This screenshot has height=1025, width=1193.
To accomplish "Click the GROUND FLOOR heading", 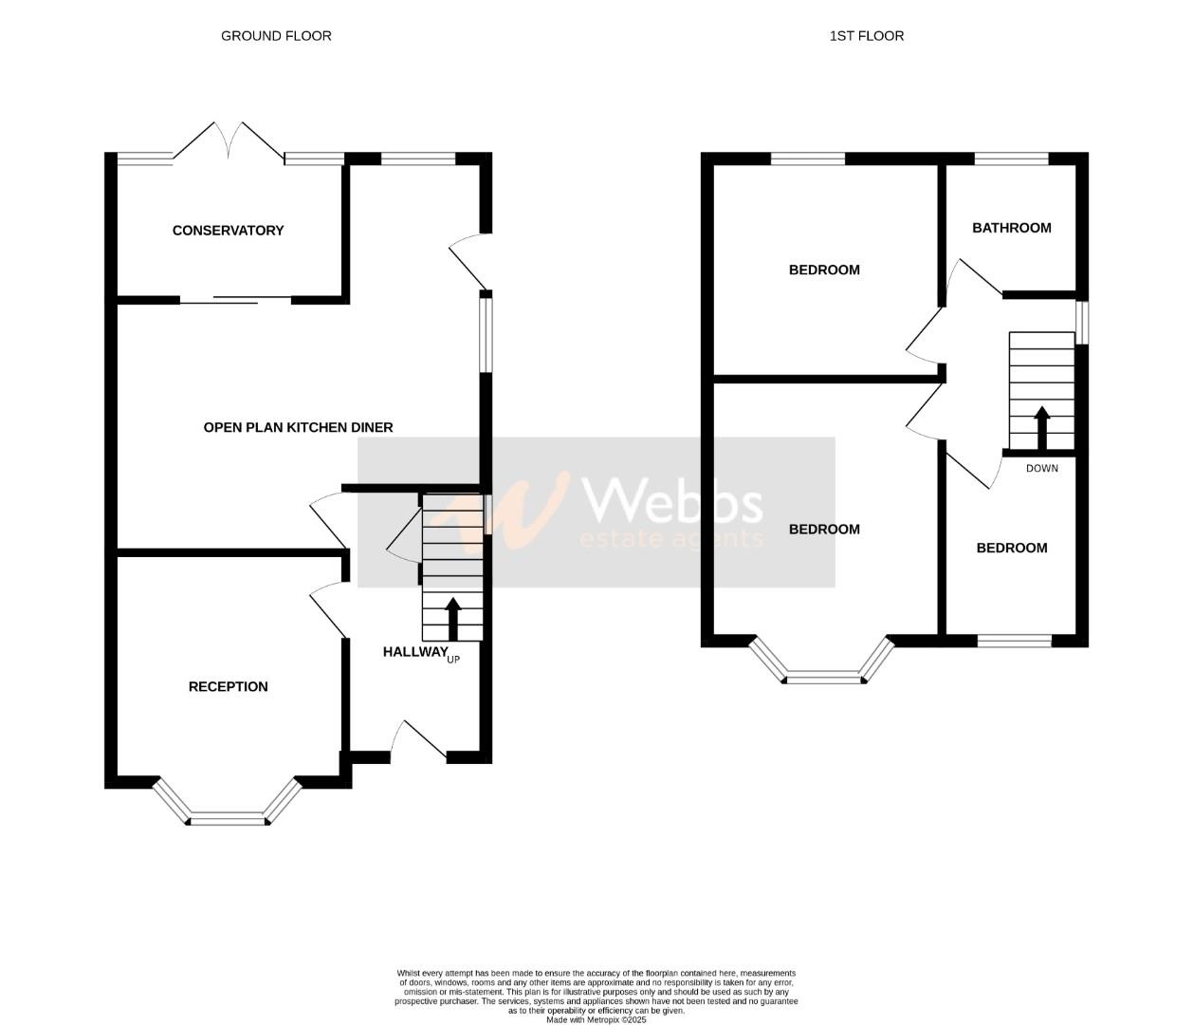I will (x=276, y=36).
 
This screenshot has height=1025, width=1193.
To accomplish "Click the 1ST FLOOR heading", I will (x=866, y=36).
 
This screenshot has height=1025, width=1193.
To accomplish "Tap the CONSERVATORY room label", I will (x=228, y=231).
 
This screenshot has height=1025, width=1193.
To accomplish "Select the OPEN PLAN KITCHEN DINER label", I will (x=298, y=427).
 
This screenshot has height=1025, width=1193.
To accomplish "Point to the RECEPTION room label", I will (x=228, y=686).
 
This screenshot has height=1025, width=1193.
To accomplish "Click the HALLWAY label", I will (x=414, y=652).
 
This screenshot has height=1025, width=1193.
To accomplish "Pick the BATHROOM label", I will (x=1011, y=228).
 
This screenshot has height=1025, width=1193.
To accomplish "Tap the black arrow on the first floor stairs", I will (x=1041, y=428).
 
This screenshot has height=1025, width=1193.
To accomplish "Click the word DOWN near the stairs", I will (x=1041, y=468).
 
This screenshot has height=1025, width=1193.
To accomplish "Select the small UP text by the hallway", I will (x=453, y=659).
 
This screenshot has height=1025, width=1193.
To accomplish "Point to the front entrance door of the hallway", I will (x=418, y=741).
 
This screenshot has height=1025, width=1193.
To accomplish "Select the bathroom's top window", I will (x=1011, y=158).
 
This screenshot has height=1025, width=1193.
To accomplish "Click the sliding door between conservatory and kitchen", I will (x=235, y=300).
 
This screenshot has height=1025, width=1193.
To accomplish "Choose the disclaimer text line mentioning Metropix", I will (x=596, y=1019).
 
